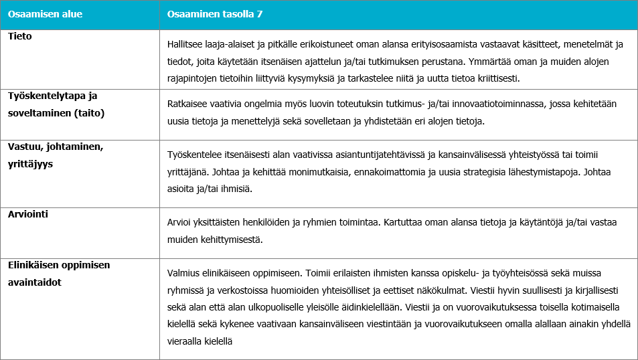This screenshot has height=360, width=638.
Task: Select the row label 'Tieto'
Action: point(20,37)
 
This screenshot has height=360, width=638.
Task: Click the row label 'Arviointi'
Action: point(29,214)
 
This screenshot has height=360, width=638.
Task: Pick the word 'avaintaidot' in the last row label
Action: point(35,282)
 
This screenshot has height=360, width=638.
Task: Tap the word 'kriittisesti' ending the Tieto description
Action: point(495,78)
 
